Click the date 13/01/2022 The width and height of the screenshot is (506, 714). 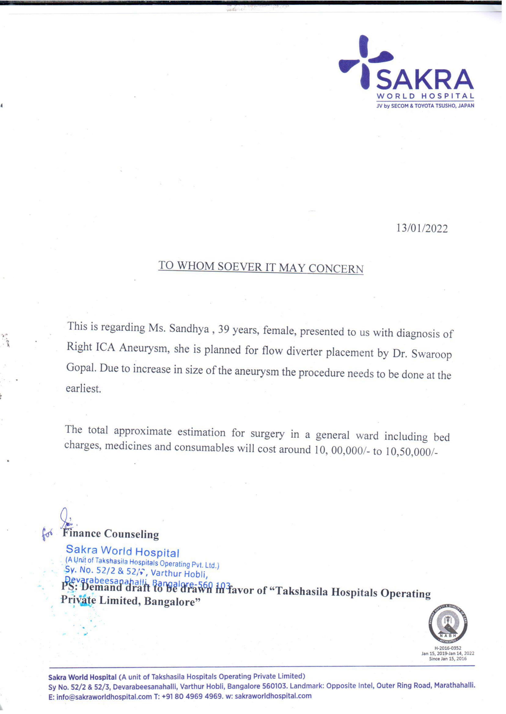click(422, 229)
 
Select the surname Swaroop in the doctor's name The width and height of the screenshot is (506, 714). click(431, 355)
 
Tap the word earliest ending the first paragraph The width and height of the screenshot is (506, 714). click(84, 389)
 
